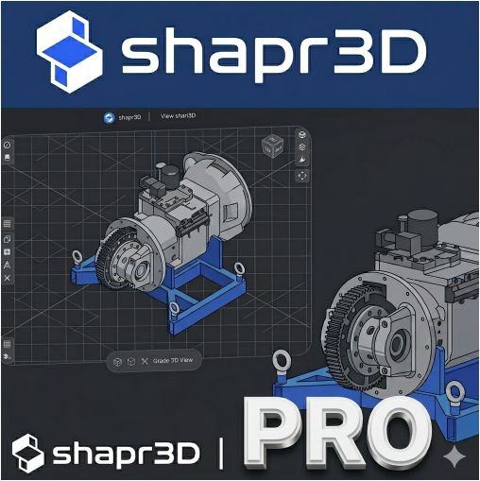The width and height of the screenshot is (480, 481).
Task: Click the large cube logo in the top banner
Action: coord(69,52)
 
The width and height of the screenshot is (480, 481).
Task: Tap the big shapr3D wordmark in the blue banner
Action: coord(274,54)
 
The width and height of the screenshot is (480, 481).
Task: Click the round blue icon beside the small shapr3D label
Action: coord(110,118)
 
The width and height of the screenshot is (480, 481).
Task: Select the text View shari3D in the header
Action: coord(178,116)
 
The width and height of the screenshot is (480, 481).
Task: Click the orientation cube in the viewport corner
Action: coord(273,146)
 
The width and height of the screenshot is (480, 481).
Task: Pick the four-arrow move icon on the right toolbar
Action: coord(302,176)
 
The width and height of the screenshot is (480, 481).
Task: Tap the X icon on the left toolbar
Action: coord(8,278)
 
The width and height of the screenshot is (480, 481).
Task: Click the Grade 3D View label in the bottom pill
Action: coord(173,360)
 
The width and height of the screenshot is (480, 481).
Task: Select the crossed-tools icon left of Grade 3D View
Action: coord(145,361)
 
